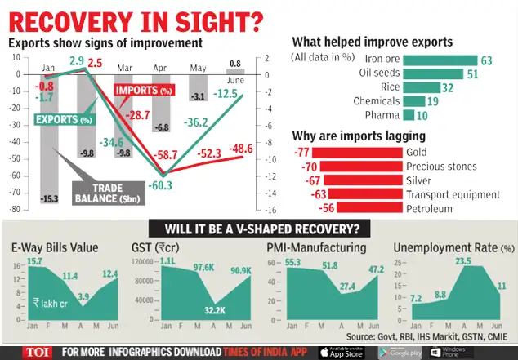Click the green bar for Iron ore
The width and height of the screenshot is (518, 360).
[440, 60]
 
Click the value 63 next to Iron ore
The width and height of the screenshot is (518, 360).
[485, 60]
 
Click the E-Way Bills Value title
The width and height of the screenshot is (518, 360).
[55, 247]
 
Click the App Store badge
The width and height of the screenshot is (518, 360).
[342, 352]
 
